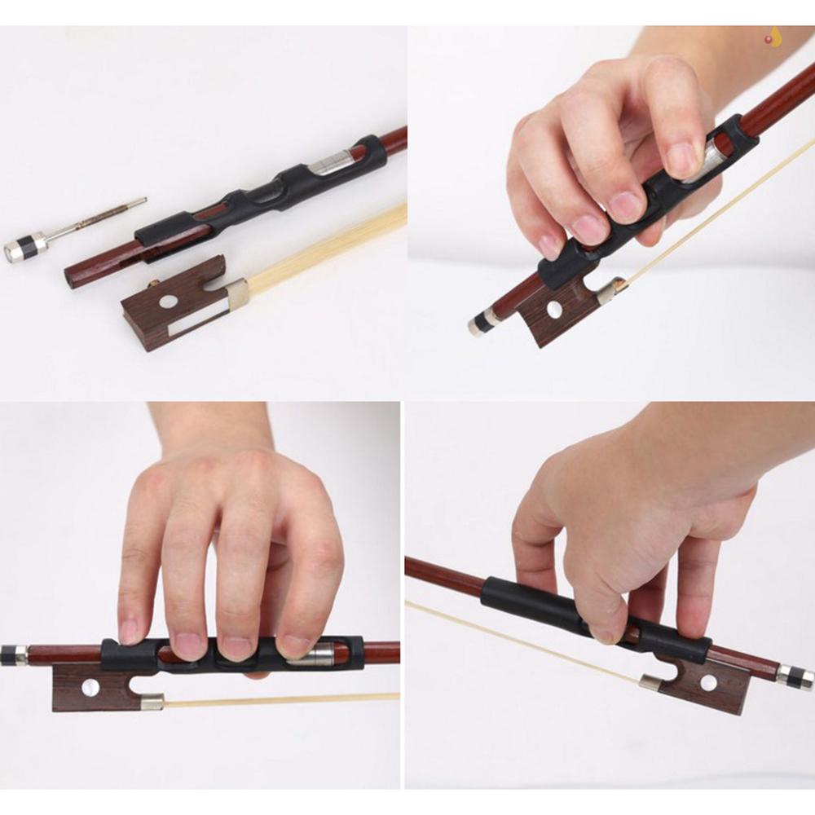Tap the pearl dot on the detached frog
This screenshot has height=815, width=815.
(x=168, y=302)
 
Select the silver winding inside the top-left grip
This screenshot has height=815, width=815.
(x=333, y=162)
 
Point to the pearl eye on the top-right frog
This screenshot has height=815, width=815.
(x=554, y=309)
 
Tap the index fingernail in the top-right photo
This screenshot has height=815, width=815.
(x=681, y=158)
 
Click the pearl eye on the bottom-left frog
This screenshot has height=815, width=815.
(x=90, y=687)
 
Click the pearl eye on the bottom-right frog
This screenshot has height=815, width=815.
(x=708, y=681)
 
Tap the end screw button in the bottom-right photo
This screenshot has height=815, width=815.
(x=795, y=676)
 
